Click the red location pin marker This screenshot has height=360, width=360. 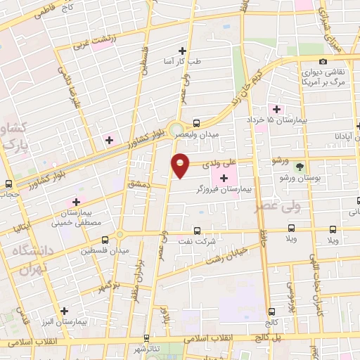(181, 165)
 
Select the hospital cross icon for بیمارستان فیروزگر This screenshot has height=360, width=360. (224, 179)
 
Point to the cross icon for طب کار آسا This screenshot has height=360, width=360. (183, 50)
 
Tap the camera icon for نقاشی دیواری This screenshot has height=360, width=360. (323, 62)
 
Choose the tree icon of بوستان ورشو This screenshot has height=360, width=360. (301, 167)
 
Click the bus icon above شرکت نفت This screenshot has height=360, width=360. (196, 230)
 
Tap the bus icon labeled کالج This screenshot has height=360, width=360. (271, 311)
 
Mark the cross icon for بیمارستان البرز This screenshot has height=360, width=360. (65, 310)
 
